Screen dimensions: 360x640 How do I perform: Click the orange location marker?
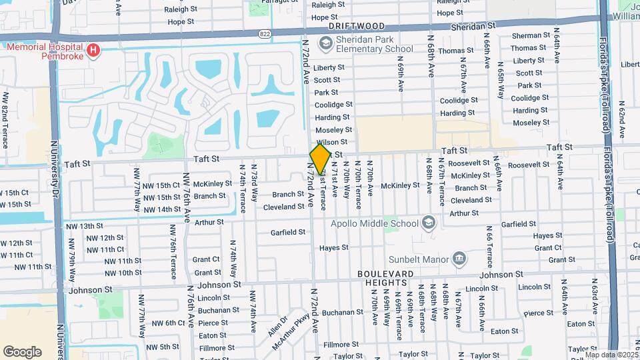[x=320, y=159]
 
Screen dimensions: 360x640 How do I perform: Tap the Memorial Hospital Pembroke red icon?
[x=93, y=49]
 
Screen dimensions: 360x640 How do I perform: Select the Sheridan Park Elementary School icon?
[x=325, y=44]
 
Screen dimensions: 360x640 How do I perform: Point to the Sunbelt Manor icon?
[x=459, y=258]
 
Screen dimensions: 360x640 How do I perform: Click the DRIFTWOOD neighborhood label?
[x=357, y=26]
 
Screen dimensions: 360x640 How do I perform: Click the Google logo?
[x=22, y=352]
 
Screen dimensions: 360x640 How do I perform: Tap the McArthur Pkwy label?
[x=292, y=335]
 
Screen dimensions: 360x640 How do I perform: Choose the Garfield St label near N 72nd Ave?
[x=288, y=233]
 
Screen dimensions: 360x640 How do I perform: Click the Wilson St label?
[x=333, y=142]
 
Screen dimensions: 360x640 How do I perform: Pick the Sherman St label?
[x=531, y=36]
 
